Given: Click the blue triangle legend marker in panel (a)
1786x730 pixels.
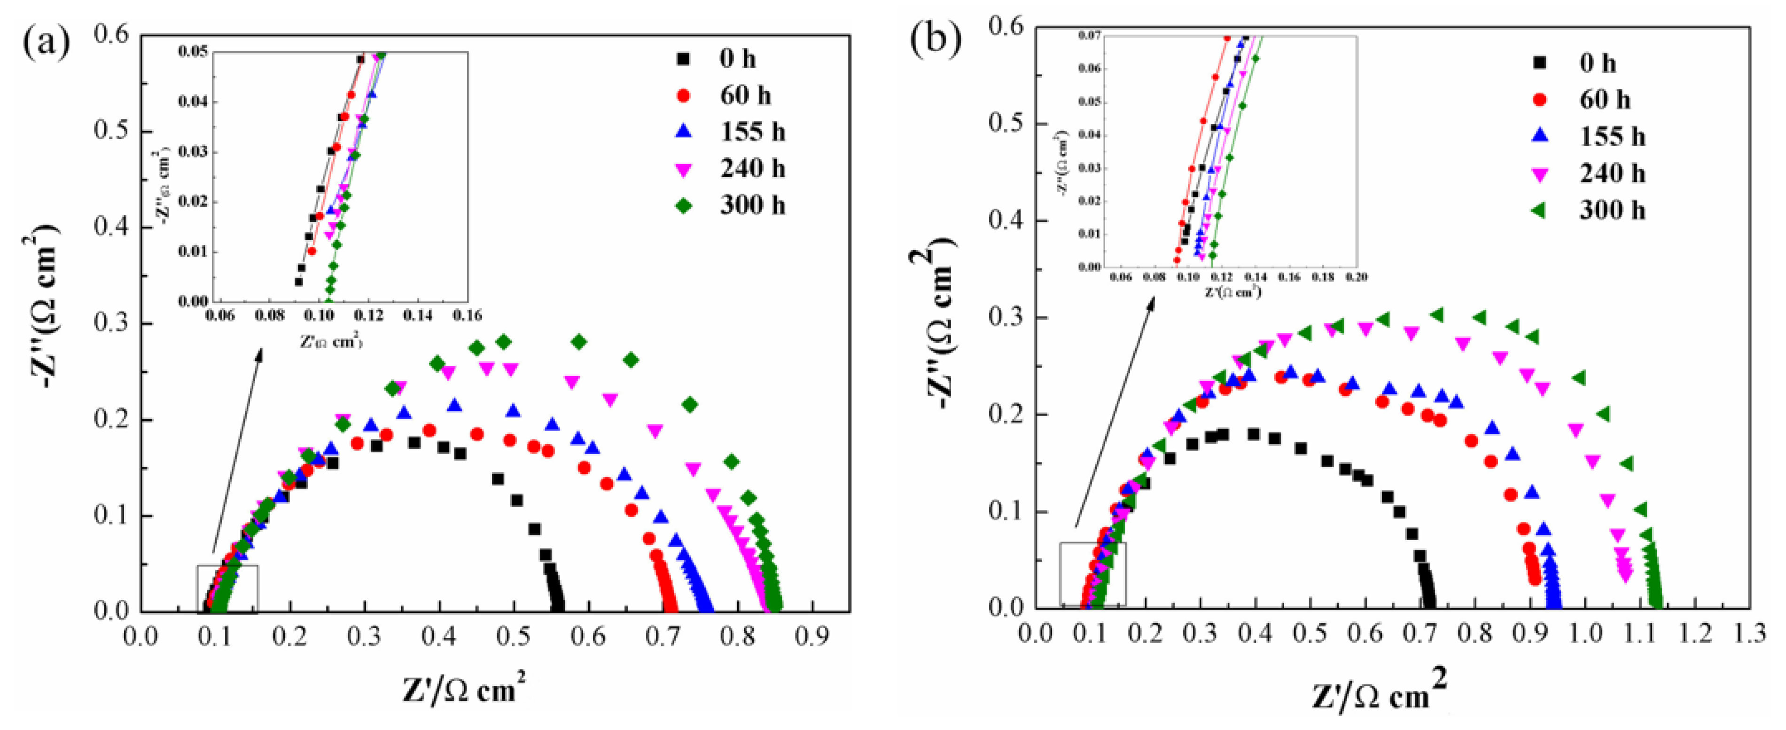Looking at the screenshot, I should (684, 132).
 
